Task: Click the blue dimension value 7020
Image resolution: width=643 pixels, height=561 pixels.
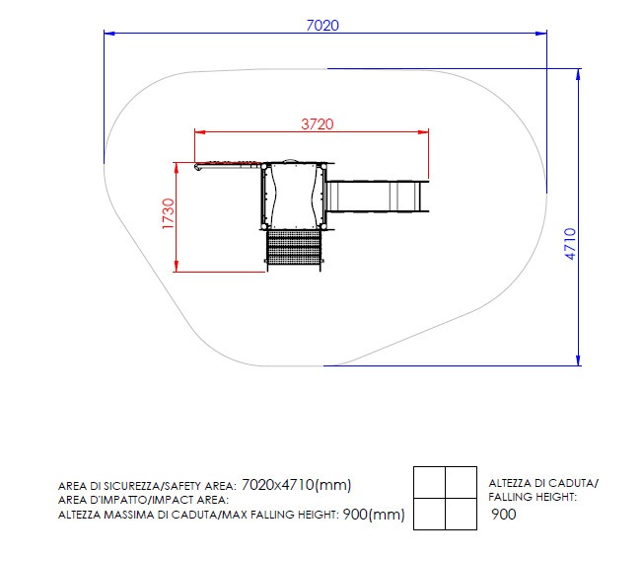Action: (322, 25)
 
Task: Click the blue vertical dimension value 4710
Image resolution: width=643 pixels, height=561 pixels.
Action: (570, 244)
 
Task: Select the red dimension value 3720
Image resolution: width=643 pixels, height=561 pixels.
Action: (317, 123)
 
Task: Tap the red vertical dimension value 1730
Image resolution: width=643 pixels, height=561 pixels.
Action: (168, 213)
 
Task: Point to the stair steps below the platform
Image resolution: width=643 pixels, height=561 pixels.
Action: (294, 249)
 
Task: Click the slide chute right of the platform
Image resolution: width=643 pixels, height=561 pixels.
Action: (378, 197)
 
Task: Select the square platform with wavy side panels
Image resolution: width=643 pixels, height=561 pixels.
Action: (294, 196)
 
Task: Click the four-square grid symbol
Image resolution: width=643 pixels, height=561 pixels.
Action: (445, 498)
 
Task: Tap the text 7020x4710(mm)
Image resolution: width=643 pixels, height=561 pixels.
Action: (296, 485)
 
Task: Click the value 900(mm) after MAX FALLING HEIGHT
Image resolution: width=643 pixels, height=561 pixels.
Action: (374, 515)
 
